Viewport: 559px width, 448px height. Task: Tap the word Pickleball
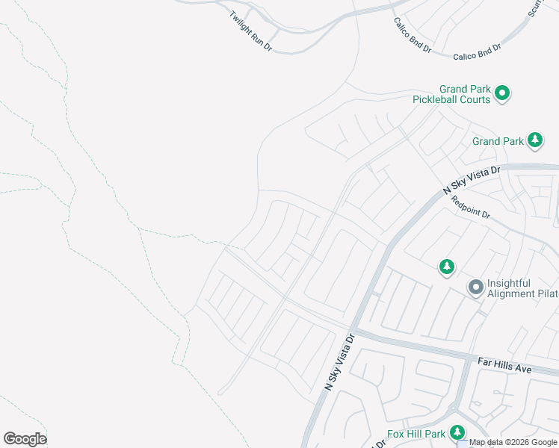pos(442,99)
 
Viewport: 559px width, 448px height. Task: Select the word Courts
pos(476,99)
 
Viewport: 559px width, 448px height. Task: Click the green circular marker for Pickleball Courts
pos(503,93)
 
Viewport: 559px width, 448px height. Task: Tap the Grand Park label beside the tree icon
pos(498,141)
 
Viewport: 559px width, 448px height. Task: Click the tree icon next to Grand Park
pos(534,140)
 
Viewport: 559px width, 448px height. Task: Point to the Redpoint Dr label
pos(471,208)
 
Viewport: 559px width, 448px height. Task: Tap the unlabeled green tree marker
pos(446,267)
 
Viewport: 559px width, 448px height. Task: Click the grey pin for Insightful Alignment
pos(475,287)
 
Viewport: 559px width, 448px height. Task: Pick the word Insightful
pos(509,283)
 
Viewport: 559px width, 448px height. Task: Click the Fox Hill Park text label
pos(416,434)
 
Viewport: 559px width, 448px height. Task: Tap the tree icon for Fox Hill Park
pos(456,432)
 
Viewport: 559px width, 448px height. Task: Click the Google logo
pos(25,439)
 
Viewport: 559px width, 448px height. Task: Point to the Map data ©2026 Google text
pos(513,442)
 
